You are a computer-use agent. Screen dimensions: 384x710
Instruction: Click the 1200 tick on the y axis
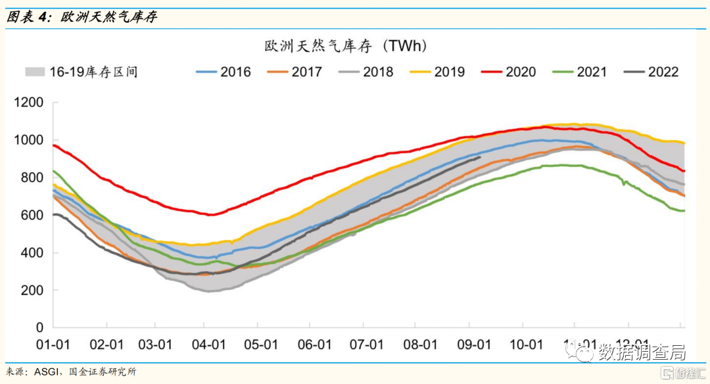tap(30, 103)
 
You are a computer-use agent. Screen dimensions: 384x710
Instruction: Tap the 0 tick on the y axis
tap(40, 327)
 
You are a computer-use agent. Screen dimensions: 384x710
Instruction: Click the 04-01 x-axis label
tap(208, 345)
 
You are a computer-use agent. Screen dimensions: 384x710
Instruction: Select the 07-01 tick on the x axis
tap(366, 345)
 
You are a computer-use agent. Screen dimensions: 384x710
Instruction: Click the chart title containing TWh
tap(346, 46)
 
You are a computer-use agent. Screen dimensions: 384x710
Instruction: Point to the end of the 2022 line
tap(481, 157)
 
